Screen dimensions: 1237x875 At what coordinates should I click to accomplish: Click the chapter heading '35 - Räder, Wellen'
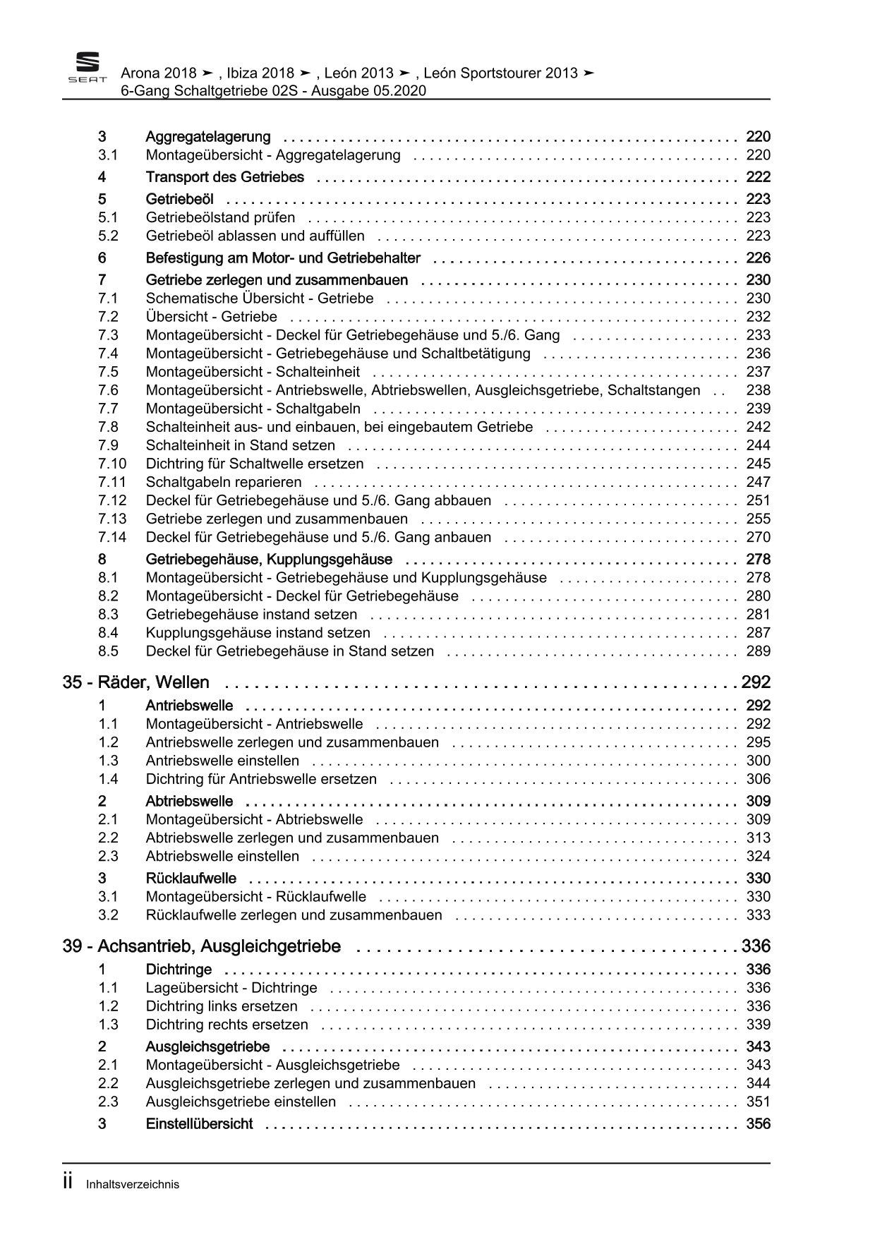[x=136, y=682]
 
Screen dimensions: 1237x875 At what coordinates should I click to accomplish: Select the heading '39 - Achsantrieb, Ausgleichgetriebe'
[x=202, y=946]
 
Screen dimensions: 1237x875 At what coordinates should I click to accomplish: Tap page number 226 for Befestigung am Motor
[x=758, y=258]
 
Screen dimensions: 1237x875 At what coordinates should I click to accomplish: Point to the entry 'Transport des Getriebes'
[x=224, y=177]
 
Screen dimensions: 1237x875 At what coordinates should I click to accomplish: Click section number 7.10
[x=112, y=464]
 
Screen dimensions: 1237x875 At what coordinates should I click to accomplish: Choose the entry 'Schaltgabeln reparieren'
[x=223, y=482]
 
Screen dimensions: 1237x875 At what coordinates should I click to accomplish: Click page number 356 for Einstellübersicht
[x=758, y=1124]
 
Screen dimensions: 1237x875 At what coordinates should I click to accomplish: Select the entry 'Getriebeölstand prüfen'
[x=220, y=217]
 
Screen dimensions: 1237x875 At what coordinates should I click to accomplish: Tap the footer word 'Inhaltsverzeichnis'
[x=133, y=1185]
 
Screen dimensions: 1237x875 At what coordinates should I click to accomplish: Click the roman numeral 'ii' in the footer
[x=68, y=1183]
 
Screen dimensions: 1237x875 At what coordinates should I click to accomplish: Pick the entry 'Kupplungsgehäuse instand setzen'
[x=258, y=633]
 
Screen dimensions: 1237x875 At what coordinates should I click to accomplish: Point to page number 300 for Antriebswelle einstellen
[x=758, y=761]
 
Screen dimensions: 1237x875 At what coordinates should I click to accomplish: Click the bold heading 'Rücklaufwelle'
[x=191, y=879]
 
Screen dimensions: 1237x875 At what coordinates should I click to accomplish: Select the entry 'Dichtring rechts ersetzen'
[x=227, y=1025]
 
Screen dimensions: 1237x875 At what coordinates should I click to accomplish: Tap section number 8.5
[x=109, y=651]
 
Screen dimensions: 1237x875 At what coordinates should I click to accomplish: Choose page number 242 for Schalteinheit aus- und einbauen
[x=758, y=427]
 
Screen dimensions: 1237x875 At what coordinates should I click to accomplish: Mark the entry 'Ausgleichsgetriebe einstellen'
[x=241, y=1102]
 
